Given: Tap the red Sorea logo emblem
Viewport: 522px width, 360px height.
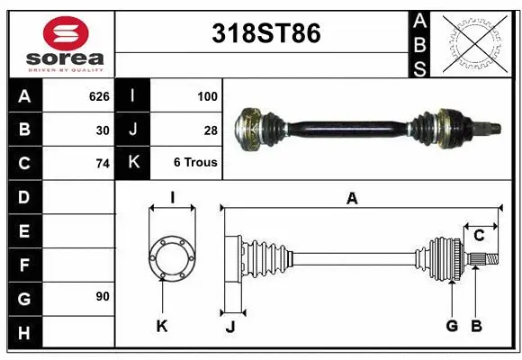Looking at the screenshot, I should (x=66, y=33).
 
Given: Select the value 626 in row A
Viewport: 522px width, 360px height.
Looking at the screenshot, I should (x=99, y=94).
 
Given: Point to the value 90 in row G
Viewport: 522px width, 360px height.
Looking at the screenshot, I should (x=103, y=296).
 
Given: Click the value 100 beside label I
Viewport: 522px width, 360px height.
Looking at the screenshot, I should (x=207, y=94).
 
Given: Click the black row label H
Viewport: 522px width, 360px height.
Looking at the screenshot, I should (x=23, y=332).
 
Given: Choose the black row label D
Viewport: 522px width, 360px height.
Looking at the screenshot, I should (x=23, y=196).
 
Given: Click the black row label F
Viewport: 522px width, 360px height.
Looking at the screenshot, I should (x=23, y=265).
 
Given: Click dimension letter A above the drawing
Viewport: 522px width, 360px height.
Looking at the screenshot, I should (x=352, y=199).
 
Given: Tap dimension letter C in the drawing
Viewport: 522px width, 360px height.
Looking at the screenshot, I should (x=480, y=236).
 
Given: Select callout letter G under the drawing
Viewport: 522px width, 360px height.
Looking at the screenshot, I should (x=452, y=325).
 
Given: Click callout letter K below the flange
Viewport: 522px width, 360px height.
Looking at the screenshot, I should (x=162, y=326).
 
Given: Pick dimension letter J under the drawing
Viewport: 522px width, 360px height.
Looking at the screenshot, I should (x=229, y=327).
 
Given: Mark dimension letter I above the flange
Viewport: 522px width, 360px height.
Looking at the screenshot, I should (x=171, y=197).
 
